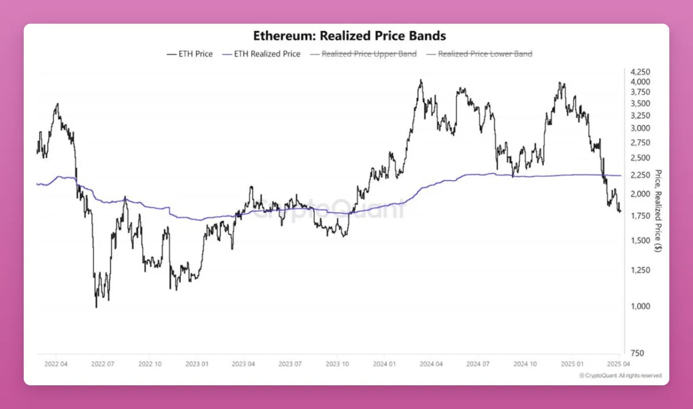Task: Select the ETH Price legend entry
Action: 189,54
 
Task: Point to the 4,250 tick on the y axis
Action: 640,72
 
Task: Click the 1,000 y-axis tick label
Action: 640,306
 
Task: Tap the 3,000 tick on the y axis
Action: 640,128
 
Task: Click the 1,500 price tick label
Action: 640,240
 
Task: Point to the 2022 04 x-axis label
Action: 55,364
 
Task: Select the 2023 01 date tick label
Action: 196,364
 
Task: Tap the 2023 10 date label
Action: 337,364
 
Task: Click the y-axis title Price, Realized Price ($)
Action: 658,211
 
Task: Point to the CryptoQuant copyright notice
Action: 620,375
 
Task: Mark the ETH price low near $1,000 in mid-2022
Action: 96,307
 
